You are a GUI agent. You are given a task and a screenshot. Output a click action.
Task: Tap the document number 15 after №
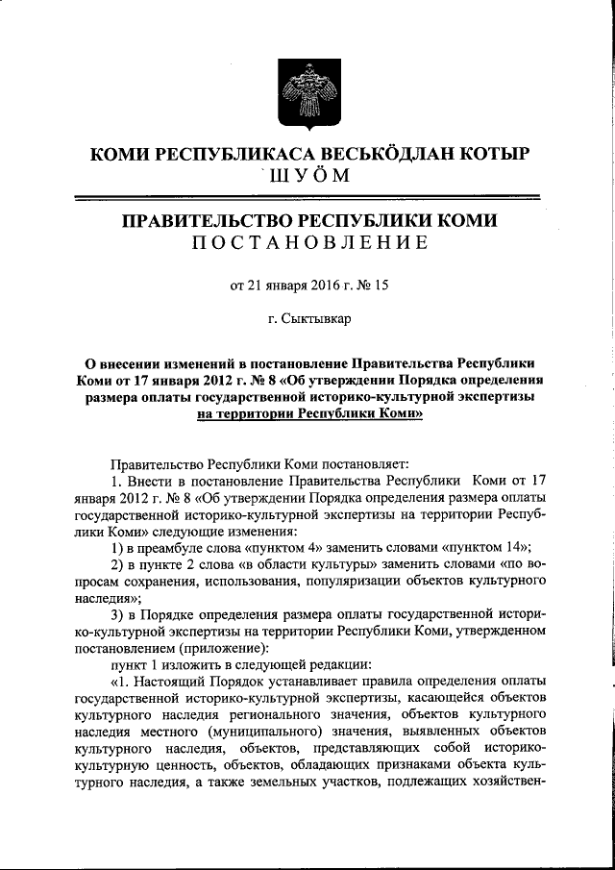380,286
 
